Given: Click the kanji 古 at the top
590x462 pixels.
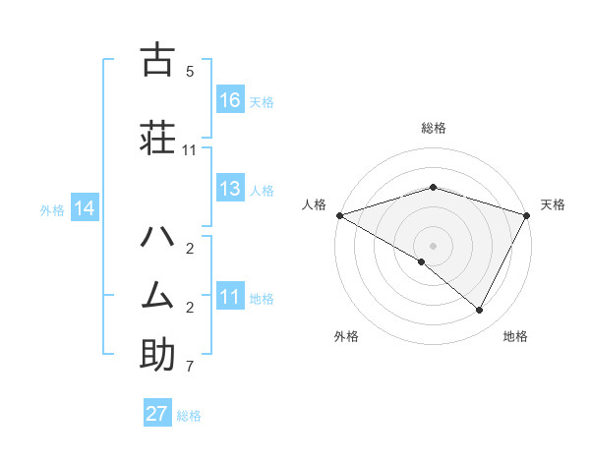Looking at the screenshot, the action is [157, 60].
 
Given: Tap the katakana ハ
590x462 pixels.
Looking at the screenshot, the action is [157, 237].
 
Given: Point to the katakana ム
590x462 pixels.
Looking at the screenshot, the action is [157, 294].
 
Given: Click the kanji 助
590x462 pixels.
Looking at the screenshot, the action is [157, 355].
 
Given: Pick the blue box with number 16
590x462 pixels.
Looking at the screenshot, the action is [230, 100].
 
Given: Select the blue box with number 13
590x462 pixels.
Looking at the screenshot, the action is [230, 189].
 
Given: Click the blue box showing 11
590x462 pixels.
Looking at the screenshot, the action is [230, 298].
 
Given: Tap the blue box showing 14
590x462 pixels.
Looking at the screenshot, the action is [85, 208].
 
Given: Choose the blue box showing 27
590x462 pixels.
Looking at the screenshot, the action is [157, 414].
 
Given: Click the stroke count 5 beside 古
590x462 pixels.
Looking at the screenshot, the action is [190, 72].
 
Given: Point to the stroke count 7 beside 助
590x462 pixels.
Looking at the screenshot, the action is [190, 368].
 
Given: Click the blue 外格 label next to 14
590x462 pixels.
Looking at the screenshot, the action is [52, 209].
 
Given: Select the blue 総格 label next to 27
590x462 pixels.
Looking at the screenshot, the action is [189, 416].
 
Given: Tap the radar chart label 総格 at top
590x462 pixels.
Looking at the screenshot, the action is [433, 128].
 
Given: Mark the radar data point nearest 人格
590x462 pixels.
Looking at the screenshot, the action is [339, 215].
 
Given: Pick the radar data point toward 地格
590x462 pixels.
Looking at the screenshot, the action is [480, 310].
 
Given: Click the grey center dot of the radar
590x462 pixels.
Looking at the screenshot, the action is [433, 245].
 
